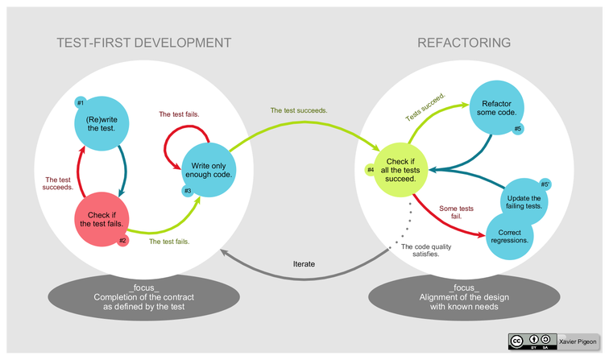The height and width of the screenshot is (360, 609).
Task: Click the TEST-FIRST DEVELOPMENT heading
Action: pos(144,42)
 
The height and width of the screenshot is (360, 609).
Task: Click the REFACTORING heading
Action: pos(464,42)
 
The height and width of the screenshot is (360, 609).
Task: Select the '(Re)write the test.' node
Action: pos(100,124)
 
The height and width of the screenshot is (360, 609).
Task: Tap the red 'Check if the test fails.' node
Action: pos(101,218)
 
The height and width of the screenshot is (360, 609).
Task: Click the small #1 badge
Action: pos(80,103)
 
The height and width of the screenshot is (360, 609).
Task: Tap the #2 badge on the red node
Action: pos(123,240)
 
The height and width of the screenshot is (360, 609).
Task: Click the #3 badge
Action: pos(188,190)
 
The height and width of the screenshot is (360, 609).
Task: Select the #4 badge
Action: pos(370,169)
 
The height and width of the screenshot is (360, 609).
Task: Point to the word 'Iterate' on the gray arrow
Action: pos(304,263)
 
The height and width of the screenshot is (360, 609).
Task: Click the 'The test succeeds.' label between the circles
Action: pos(298,110)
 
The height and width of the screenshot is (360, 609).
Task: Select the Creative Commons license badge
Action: pos(532,341)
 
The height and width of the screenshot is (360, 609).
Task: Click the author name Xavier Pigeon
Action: pos(578,341)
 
